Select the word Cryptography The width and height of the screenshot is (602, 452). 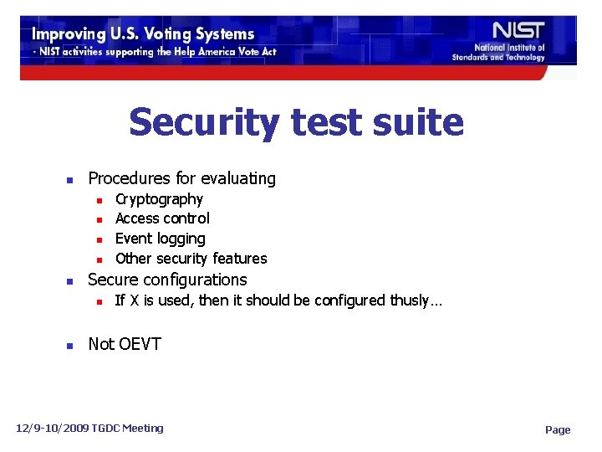point(159,199)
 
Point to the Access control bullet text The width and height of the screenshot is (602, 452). point(162,218)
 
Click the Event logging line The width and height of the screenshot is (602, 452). point(160,239)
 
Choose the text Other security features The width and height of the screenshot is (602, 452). point(191,259)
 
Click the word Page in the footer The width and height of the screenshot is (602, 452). point(558,429)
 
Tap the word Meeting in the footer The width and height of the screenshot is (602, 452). point(142,429)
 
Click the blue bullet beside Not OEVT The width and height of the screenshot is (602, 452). point(71,345)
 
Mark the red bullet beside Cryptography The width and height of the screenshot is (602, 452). point(99,200)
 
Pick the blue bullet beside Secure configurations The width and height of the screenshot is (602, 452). point(71,280)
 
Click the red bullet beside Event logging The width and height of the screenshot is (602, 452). point(99,239)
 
